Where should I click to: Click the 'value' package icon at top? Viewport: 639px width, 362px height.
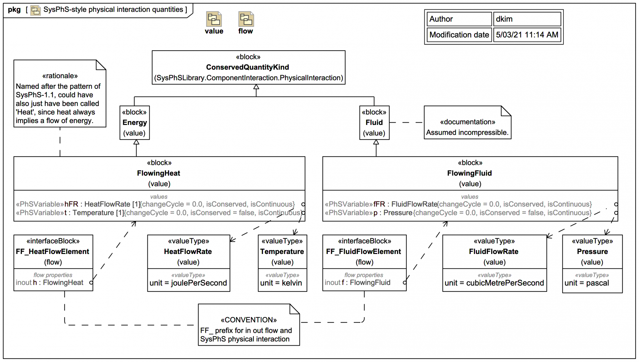tap(214, 19)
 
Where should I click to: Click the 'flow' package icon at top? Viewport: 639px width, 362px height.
tap(246, 19)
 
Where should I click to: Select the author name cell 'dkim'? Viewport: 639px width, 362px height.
tap(527, 19)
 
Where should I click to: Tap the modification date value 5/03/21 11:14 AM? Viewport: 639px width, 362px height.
tap(527, 35)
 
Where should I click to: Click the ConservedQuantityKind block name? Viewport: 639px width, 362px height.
tap(247, 67)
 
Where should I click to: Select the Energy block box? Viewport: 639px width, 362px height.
tap(134, 123)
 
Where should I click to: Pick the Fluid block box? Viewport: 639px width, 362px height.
tap(374, 123)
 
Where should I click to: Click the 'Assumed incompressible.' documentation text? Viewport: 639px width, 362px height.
tap(467, 133)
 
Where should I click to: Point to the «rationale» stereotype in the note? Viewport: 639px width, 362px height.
tap(60, 76)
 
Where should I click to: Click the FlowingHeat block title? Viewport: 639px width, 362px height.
tap(158, 173)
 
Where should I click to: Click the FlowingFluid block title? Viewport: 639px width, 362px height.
tap(469, 173)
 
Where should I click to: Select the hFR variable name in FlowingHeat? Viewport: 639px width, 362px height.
tap(71, 204)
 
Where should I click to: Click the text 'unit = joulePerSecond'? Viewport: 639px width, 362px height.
tap(188, 283)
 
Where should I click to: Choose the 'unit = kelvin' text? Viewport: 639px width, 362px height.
tap(281, 283)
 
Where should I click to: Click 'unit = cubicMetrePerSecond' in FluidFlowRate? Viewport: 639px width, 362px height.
tap(494, 283)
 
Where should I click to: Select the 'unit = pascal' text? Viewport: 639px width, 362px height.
tap(586, 283)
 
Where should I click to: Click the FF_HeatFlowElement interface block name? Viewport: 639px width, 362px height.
tap(52, 252)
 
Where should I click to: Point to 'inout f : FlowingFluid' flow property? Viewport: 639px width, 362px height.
tap(357, 283)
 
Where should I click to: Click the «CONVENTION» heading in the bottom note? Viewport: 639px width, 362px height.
tap(249, 320)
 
